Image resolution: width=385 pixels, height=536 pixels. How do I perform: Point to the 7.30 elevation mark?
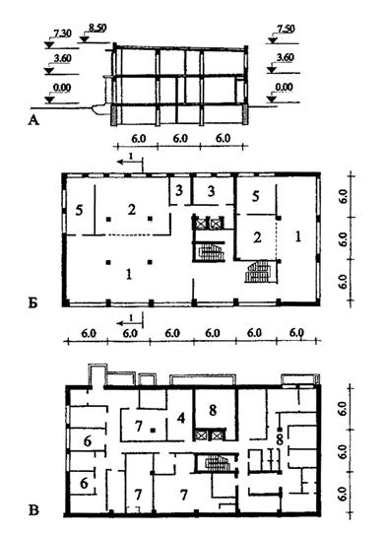62,33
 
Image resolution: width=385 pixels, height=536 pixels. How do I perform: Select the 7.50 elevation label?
286,29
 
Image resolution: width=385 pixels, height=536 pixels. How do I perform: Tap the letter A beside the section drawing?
33,120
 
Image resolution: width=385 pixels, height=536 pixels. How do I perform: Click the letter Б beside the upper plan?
32,302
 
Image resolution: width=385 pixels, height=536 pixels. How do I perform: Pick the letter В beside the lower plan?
33,510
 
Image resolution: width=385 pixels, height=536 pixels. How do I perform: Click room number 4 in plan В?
181,418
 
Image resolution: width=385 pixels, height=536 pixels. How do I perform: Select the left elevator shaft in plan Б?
199,224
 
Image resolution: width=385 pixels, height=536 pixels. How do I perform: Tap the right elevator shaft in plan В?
217,435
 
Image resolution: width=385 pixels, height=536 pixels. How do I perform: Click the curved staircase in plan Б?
259,271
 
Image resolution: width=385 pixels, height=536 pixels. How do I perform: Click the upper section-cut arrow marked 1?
130,162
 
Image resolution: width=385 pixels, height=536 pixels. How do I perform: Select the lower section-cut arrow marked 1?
130,323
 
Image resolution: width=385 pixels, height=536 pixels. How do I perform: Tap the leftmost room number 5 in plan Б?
79,210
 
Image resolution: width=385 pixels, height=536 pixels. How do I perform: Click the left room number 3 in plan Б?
179,191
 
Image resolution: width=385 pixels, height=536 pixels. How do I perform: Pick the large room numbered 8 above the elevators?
213,410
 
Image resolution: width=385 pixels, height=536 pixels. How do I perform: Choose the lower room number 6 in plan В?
84,483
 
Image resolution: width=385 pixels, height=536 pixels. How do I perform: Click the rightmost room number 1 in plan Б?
298,236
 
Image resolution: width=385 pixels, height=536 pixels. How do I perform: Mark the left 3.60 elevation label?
62,58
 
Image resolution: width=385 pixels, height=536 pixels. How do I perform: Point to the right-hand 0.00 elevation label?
284,88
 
